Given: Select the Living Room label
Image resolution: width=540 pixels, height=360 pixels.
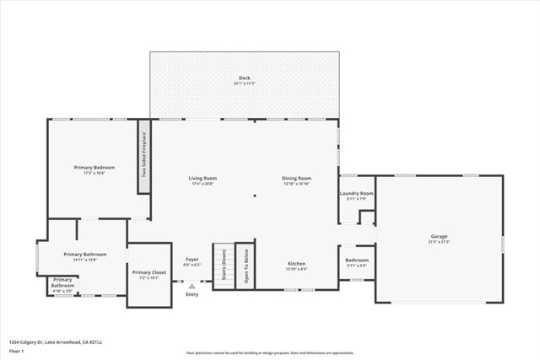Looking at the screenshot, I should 202,180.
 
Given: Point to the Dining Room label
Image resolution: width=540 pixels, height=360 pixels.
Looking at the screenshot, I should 296,180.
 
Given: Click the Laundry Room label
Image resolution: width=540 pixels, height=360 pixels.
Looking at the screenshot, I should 356,196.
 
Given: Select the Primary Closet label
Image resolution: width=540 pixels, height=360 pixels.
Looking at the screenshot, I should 148,274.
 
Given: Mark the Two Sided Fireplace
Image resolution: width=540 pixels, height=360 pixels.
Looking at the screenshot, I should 143,156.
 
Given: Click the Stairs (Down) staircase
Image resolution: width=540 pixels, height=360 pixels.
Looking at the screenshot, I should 222,266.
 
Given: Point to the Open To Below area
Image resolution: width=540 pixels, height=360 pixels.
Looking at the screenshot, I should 245,266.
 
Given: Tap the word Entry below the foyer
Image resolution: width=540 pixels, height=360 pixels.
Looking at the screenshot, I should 192,294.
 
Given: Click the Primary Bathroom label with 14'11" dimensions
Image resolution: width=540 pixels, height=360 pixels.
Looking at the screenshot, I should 85,256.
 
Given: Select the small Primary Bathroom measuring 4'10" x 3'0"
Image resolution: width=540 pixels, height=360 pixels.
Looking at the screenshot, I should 62,284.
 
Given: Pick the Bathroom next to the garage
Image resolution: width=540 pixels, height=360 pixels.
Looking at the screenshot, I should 356,262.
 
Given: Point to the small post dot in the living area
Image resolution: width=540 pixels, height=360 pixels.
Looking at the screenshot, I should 255,196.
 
